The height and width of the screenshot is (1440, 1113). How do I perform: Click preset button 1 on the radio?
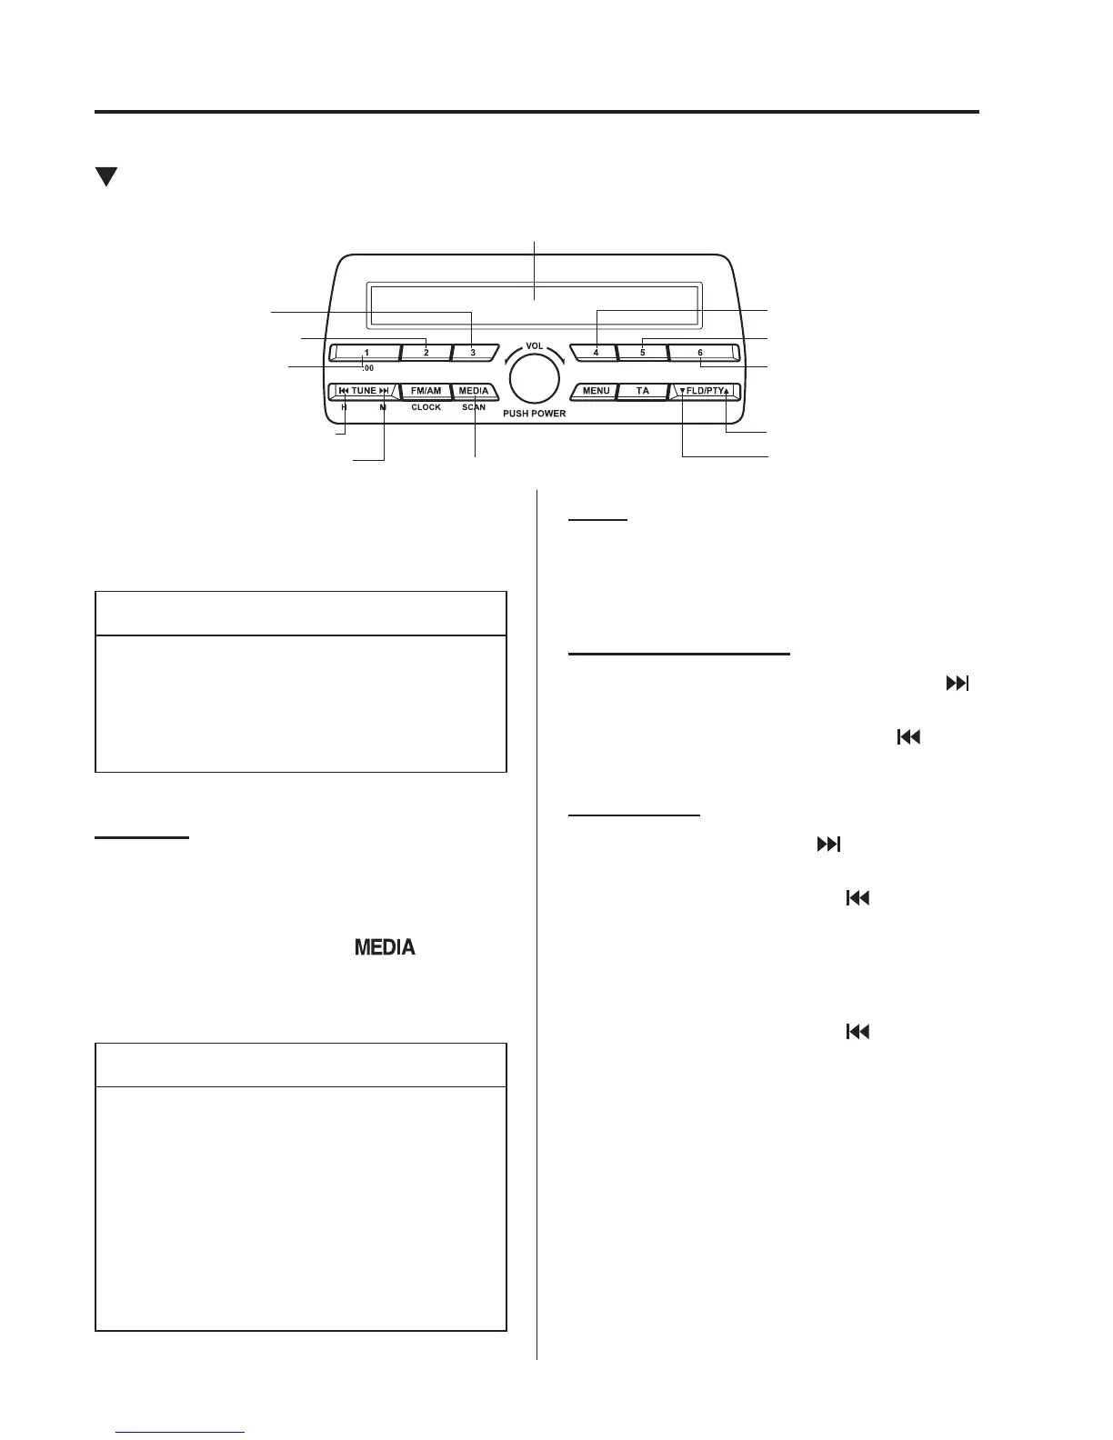[x=366, y=353]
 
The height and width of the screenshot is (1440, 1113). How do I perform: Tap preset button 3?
[x=474, y=353]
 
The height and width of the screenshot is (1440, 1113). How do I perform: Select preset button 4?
[x=596, y=353]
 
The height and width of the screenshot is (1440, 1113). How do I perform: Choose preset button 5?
[x=642, y=353]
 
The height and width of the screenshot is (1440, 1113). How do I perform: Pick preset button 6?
[x=701, y=353]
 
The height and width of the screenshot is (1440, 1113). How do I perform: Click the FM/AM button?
[x=426, y=392]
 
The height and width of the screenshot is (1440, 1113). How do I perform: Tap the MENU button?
[x=596, y=392]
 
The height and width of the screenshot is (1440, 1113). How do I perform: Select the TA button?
[x=643, y=392]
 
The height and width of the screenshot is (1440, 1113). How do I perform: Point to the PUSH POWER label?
[x=535, y=414]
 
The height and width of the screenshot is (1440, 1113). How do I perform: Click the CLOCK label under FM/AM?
[x=426, y=408]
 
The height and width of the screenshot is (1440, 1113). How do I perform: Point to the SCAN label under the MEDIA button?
[x=474, y=408]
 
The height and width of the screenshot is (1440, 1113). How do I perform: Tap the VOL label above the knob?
[x=535, y=346]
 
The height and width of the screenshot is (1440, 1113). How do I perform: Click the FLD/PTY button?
[x=705, y=392]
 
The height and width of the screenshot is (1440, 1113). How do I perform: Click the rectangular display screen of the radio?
[x=535, y=305]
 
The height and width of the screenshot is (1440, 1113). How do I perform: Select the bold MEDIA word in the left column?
[x=385, y=948]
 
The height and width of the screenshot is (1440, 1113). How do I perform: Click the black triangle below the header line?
[x=107, y=176]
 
